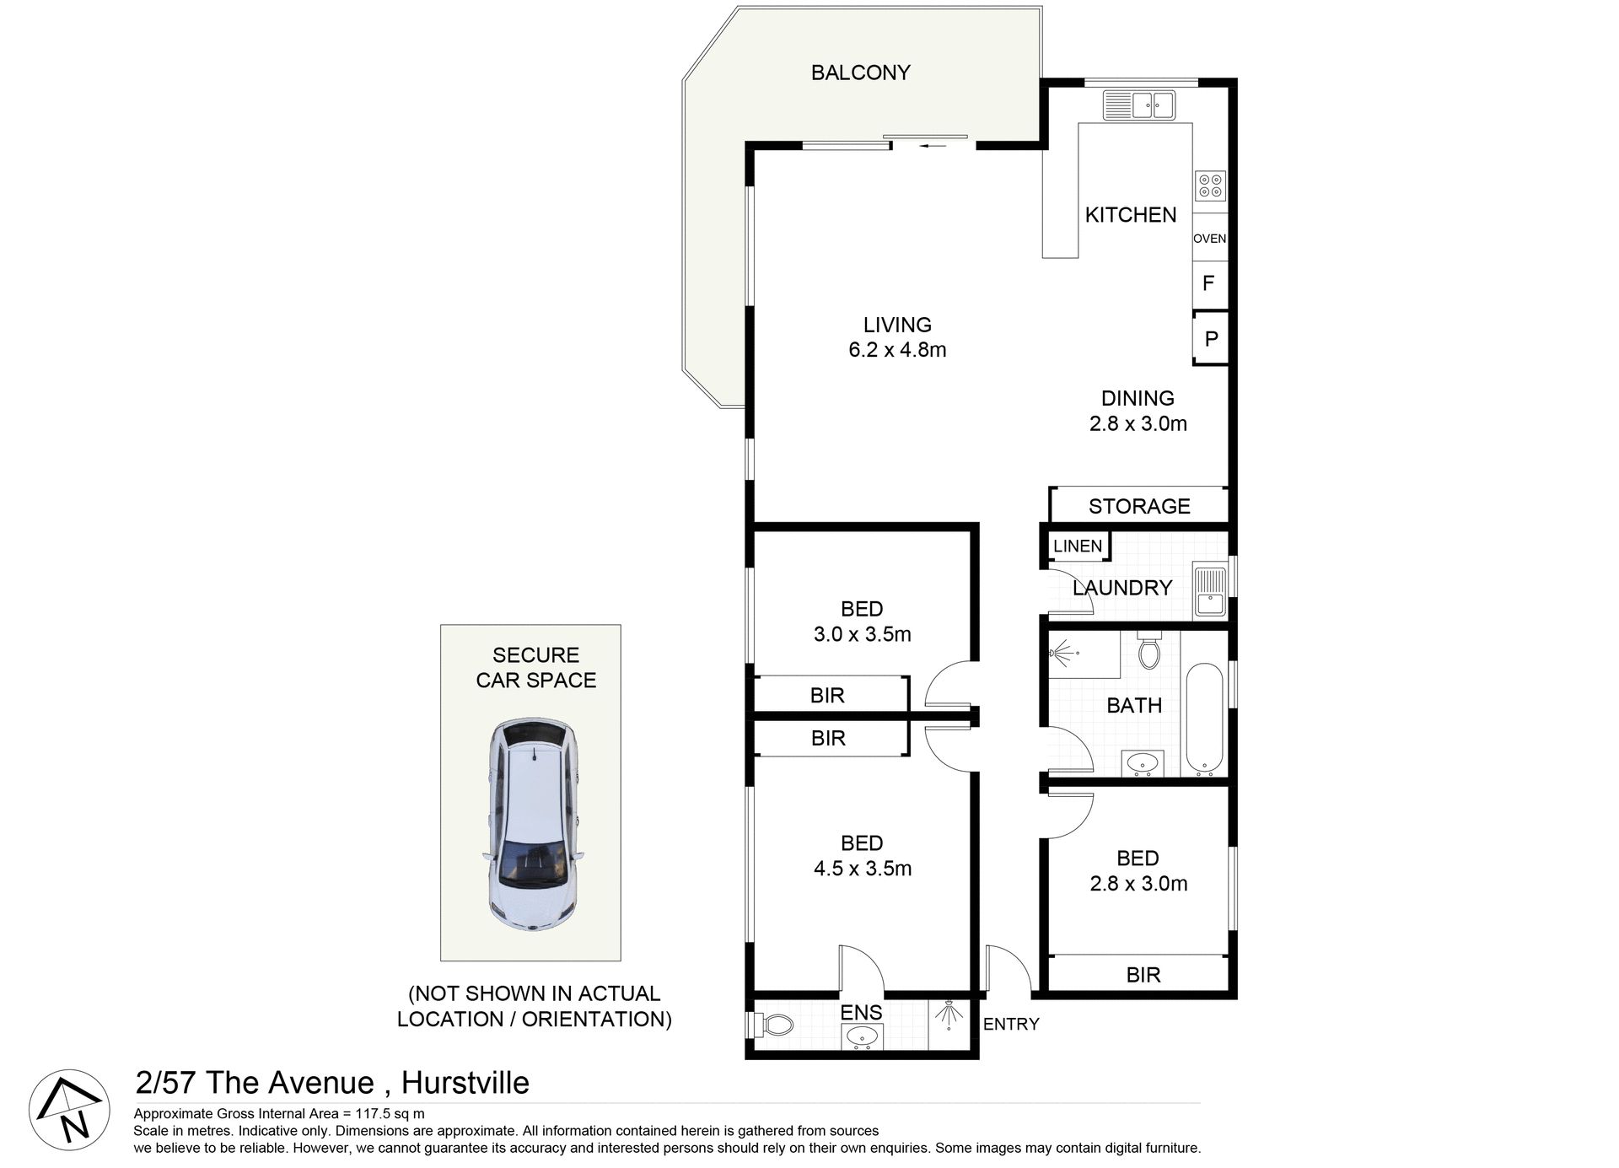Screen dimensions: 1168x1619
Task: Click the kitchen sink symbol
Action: click(1139, 106)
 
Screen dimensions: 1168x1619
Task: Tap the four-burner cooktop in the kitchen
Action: click(1210, 186)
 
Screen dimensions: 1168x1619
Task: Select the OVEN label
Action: click(1209, 239)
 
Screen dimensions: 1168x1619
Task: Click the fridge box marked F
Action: click(1208, 283)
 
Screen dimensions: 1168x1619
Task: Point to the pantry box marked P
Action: click(1211, 339)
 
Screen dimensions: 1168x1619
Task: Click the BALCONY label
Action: click(860, 73)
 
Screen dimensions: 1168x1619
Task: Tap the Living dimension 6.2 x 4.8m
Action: click(897, 350)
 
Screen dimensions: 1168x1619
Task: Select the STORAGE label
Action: click(1139, 506)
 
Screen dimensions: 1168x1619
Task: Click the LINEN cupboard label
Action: click(1077, 546)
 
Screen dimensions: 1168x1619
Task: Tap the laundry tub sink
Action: click(1210, 590)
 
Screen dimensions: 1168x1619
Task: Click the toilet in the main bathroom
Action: click(1148, 651)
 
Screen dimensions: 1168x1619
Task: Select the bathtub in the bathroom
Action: click(1204, 719)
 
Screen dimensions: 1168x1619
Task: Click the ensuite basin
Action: click(862, 1036)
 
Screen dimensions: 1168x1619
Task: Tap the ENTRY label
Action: click(1010, 1024)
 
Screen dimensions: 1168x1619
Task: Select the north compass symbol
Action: click(69, 1110)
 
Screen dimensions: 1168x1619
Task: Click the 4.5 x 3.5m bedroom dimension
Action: click(862, 869)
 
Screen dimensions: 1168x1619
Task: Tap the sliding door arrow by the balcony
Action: click(933, 146)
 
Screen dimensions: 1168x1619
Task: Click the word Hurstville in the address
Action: click(465, 1083)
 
